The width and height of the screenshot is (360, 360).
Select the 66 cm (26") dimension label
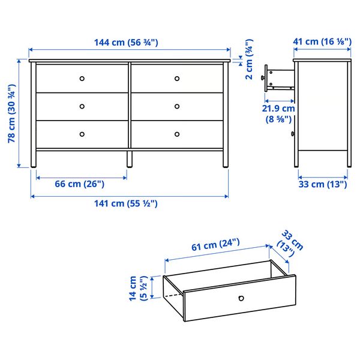tap(79, 184)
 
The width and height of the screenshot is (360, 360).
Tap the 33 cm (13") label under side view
tap(323, 184)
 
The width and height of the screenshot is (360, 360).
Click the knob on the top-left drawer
tap(83, 79)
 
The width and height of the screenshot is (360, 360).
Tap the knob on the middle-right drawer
tap(177, 106)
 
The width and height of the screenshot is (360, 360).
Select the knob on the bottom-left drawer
tap(83, 134)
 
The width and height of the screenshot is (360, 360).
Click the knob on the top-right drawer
tap(177, 79)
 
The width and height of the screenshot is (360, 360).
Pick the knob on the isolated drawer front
tap(241, 298)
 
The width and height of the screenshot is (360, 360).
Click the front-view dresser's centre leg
tap(129, 159)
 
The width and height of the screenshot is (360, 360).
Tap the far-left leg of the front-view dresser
tap(34, 159)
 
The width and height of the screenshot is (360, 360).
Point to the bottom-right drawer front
tap(178, 134)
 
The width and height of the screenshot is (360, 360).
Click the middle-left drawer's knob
tap(83, 106)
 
